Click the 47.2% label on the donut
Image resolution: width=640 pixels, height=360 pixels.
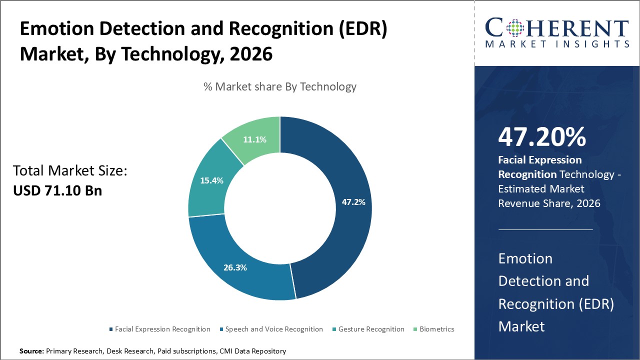(x=353, y=202)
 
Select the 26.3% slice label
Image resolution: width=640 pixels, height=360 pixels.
(x=235, y=267)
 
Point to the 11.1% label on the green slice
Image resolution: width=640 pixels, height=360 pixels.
(x=254, y=139)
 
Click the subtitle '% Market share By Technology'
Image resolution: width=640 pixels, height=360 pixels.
(x=279, y=86)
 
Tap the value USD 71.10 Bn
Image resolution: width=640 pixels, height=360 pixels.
(x=57, y=190)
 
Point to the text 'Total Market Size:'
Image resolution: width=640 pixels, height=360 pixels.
(x=70, y=171)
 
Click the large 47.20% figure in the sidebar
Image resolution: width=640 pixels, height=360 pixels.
(x=542, y=137)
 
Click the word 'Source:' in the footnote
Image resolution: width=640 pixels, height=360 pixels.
(x=31, y=351)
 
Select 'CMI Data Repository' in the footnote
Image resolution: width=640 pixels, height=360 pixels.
(x=252, y=351)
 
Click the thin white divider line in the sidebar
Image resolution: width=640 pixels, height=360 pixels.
(x=545, y=229)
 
